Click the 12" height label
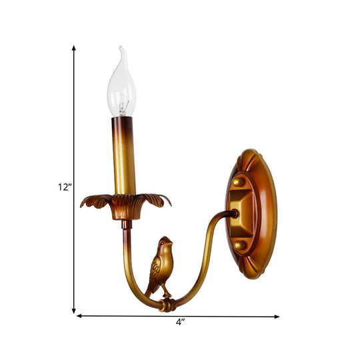(x=64, y=187)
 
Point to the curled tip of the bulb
(x=120, y=49)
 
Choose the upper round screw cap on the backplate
(x=238, y=181)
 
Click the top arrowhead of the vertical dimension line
(x=73, y=49)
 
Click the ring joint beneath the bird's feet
(x=168, y=304)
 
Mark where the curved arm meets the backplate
(x=233, y=214)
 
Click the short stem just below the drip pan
(x=123, y=223)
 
